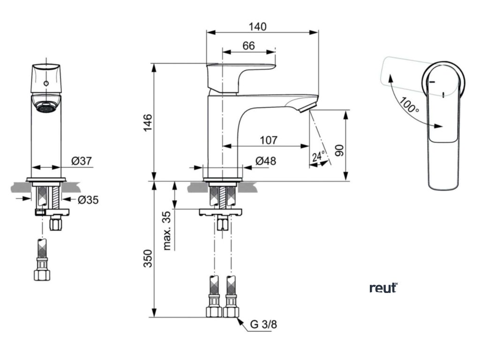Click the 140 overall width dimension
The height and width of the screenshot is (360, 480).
pyautogui.click(x=257, y=27)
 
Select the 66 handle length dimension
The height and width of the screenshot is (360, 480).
pyautogui.click(x=248, y=45)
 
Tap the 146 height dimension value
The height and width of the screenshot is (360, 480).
pyautogui.click(x=147, y=123)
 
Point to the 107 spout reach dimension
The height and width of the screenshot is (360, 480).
pyautogui.click(x=268, y=140)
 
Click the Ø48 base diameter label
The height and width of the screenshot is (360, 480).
pyautogui.click(x=265, y=161)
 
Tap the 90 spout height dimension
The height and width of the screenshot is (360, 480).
pyautogui.click(x=340, y=150)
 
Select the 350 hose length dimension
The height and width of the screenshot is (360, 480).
pyautogui.click(x=147, y=258)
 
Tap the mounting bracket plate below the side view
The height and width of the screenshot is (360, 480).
pyautogui.click(x=221, y=212)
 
